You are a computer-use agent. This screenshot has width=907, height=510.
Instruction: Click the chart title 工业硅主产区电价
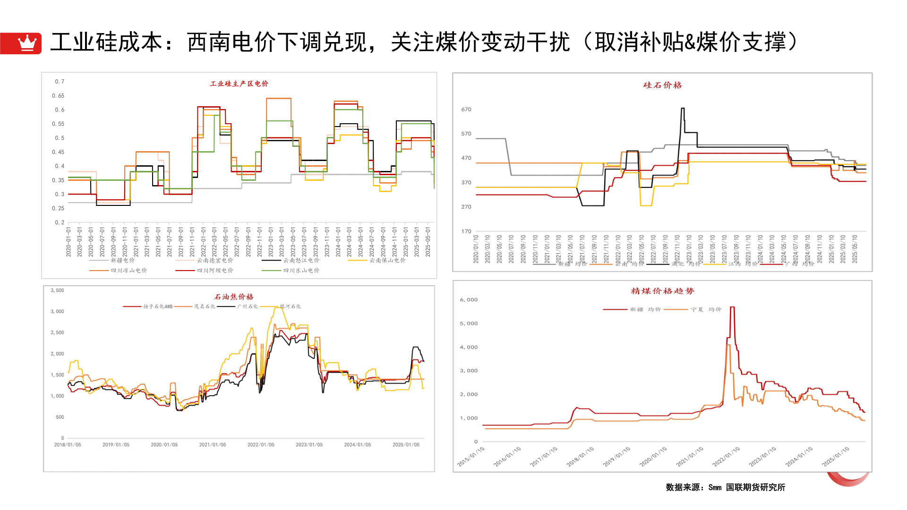[x=239, y=84]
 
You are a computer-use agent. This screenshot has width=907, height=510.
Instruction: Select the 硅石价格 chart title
[x=662, y=85]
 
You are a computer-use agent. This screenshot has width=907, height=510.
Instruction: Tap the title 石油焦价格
[x=234, y=297]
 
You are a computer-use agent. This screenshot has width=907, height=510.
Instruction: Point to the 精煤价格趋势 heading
[x=662, y=291]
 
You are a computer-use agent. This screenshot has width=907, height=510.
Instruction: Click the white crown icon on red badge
[x=27, y=43]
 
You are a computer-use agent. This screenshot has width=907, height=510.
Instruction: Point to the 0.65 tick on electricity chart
[x=58, y=95]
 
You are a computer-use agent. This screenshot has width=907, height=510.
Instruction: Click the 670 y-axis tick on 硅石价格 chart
[x=466, y=109]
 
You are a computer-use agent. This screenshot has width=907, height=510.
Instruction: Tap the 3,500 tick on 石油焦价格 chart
[x=57, y=290]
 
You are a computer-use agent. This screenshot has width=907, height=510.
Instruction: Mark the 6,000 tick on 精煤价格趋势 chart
[x=469, y=299]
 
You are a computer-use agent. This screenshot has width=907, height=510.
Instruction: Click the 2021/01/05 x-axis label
[x=213, y=445]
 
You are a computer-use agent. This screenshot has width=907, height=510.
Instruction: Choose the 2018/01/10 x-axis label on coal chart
[x=580, y=457]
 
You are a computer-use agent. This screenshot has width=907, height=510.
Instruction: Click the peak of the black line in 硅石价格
[x=683, y=109]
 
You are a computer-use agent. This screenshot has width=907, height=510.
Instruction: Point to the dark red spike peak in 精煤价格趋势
[x=732, y=307]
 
